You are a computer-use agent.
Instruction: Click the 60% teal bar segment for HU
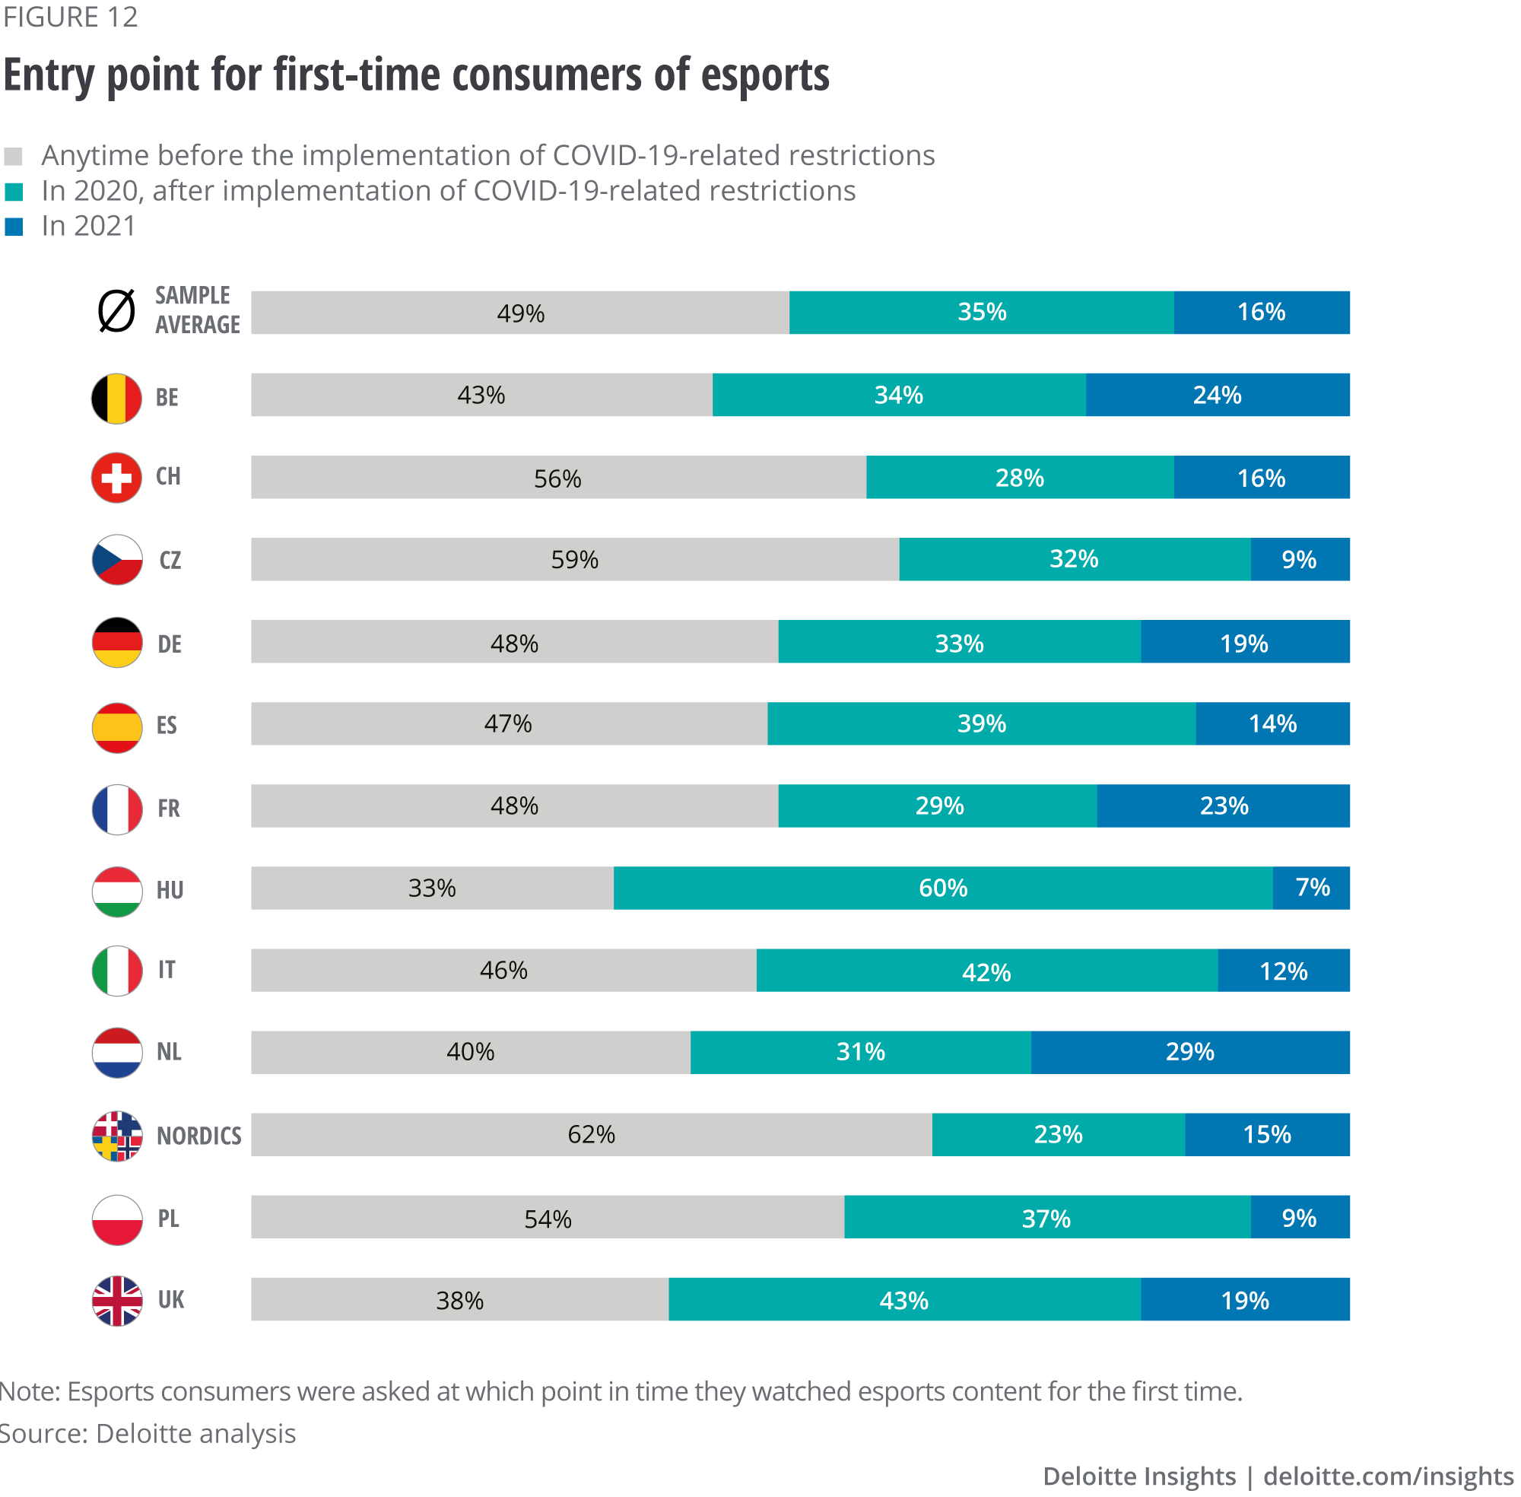[942, 888]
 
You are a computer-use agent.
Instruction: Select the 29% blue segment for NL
[1190, 1052]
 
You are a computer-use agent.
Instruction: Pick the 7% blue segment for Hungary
[1311, 888]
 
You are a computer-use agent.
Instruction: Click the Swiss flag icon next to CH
[116, 477]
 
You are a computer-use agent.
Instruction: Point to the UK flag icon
[117, 1301]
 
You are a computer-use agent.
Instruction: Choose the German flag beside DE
[117, 642]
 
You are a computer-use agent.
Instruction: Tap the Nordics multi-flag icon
[117, 1136]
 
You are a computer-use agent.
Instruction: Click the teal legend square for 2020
[14, 192]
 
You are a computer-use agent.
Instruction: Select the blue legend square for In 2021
[14, 227]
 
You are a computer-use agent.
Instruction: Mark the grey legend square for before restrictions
[14, 157]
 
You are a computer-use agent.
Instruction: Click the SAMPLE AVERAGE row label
[196, 310]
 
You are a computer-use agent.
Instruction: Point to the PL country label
[168, 1218]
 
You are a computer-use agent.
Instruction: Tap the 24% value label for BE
[1217, 395]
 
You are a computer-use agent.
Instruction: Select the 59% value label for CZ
[575, 560]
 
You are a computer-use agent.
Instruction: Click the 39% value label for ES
[981, 723]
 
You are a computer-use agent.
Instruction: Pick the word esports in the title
[764, 75]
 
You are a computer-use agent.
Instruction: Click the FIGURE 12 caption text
[70, 17]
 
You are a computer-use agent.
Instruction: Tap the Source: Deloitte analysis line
[148, 1433]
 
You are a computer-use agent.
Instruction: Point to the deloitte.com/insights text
[1388, 1476]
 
